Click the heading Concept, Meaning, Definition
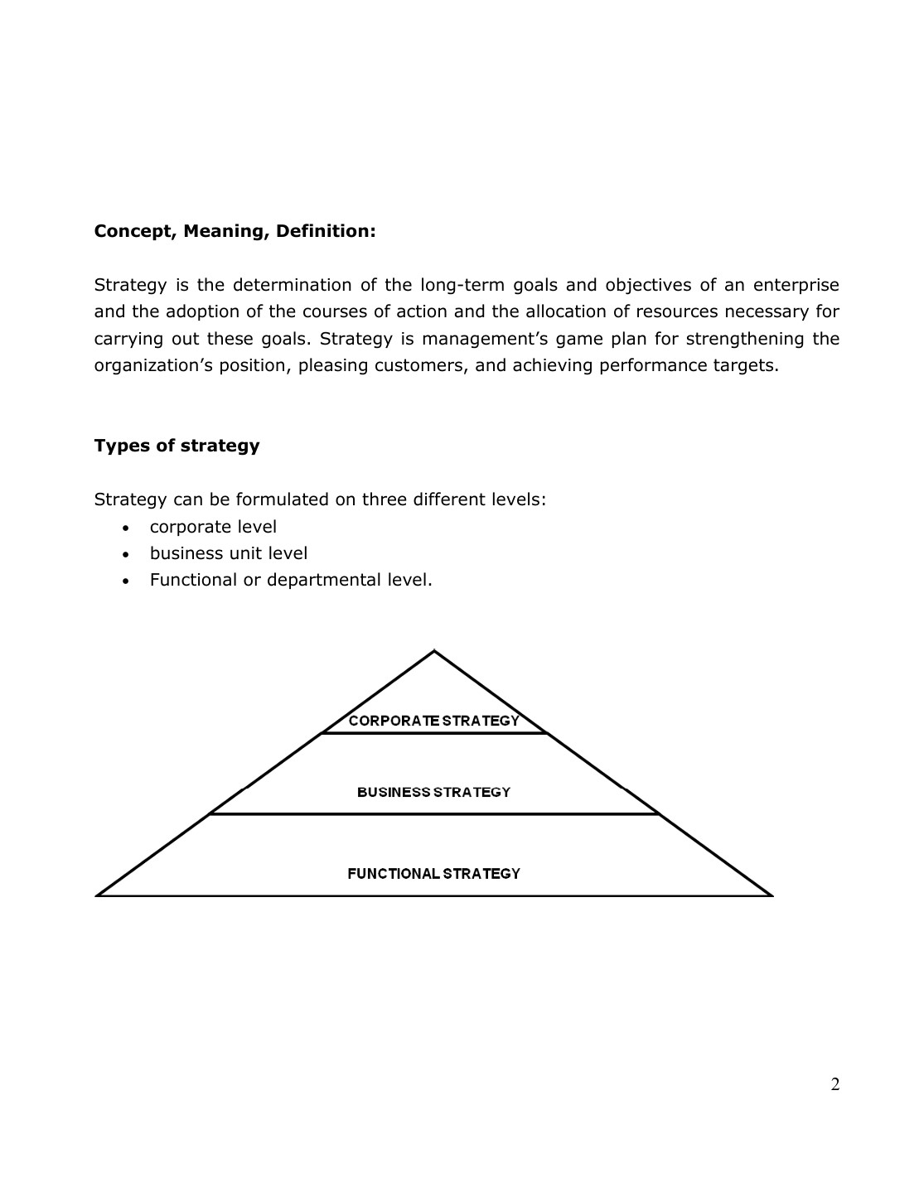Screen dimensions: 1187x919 pyautogui.click(x=235, y=231)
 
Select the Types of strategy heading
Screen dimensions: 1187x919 pyautogui.click(x=177, y=446)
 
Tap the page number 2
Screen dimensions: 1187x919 pyautogui.click(x=834, y=1084)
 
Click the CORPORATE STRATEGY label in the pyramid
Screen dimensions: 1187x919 pyautogui.click(x=433, y=721)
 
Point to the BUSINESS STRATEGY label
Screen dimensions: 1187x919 pyautogui.click(x=433, y=792)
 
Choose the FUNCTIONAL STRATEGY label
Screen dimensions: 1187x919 pyautogui.click(x=433, y=873)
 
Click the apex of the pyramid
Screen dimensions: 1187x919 pyautogui.click(x=434, y=652)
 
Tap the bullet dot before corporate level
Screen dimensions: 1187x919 pyautogui.click(x=125, y=528)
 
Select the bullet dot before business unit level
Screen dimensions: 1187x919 pyautogui.click(x=125, y=554)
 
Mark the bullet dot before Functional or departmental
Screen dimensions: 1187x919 pyautogui.click(x=125, y=581)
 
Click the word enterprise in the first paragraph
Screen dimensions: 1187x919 pyautogui.click(x=796, y=285)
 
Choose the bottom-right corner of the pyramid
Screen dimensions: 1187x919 pyautogui.click(x=771, y=895)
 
